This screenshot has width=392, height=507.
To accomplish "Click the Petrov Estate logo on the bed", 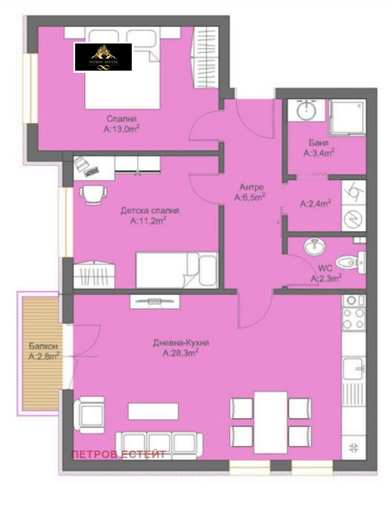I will (103, 57).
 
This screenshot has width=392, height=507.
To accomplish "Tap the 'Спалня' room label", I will (121, 119).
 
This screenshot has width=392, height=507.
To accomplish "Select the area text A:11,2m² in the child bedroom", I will (148, 220).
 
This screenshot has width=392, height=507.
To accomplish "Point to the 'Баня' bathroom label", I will (318, 143).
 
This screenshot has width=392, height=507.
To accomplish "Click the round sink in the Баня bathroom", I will (306, 111).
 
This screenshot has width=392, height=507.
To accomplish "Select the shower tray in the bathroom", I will (347, 117).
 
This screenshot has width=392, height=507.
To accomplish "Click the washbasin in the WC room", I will (314, 248).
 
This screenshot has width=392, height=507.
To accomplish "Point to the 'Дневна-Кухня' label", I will (181, 343).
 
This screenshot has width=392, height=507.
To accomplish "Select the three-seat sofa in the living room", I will (160, 445).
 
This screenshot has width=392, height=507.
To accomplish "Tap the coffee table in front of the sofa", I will (153, 410).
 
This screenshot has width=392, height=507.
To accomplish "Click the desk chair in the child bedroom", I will (93, 193).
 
